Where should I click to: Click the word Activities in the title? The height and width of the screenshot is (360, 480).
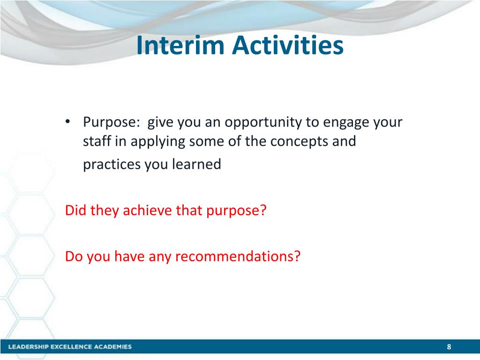pyautogui.click(x=287, y=45)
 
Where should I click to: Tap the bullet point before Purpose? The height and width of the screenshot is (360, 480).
pyautogui.click(x=68, y=122)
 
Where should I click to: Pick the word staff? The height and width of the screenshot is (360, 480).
pyautogui.click(x=97, y=141)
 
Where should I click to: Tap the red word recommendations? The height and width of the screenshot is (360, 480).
pyautogui.click(x=238, y=256)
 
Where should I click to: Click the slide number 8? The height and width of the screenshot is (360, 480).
pyautogui.click(x=449, y=347)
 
